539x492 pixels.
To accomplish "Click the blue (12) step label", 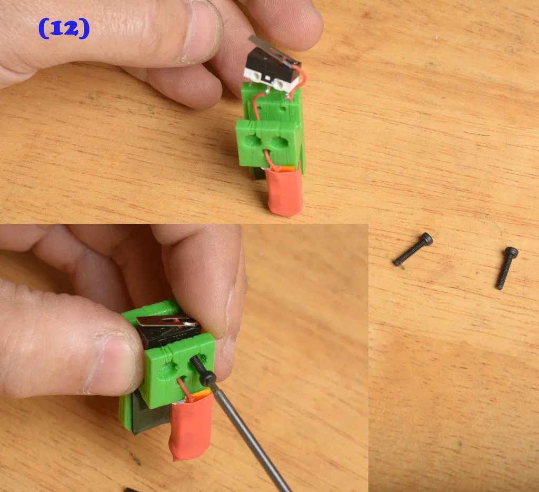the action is pos(64,28).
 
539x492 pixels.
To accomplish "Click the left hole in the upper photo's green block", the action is pos(252,141).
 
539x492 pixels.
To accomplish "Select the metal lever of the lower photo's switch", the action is pos(167,321).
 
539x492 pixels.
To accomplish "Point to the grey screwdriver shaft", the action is pos(249,435).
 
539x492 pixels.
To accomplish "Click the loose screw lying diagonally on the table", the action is pos(413,249).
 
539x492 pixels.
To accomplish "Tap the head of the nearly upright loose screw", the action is pos(511,252).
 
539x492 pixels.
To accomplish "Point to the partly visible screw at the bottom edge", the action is pos(130,489).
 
